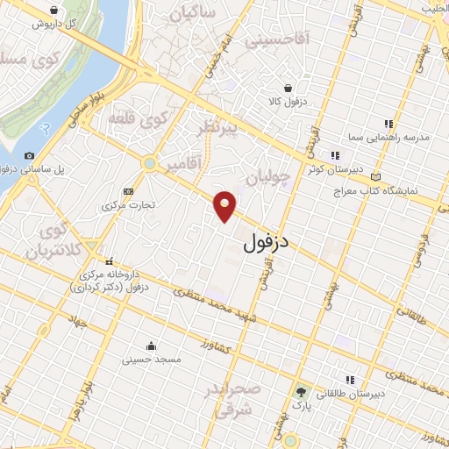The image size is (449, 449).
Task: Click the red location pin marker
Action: (x=226, y=204)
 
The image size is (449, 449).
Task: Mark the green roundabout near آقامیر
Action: (x=150, y=162)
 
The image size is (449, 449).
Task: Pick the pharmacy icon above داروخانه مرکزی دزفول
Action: (x=110, y=261)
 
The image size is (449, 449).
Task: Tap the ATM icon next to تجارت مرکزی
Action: (x=129, y=191)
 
